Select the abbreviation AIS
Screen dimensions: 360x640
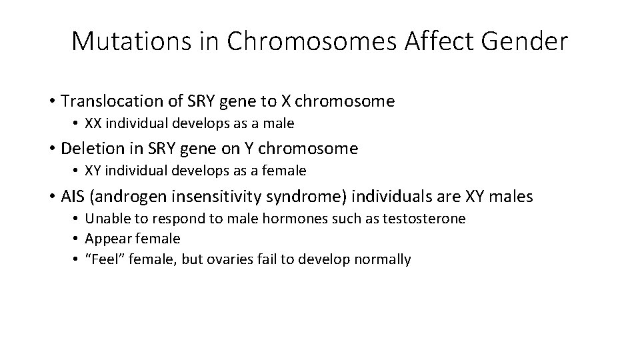72,196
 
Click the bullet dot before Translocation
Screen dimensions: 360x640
51,101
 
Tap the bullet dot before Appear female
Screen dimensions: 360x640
77,239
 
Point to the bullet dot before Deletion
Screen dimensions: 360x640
51,148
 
